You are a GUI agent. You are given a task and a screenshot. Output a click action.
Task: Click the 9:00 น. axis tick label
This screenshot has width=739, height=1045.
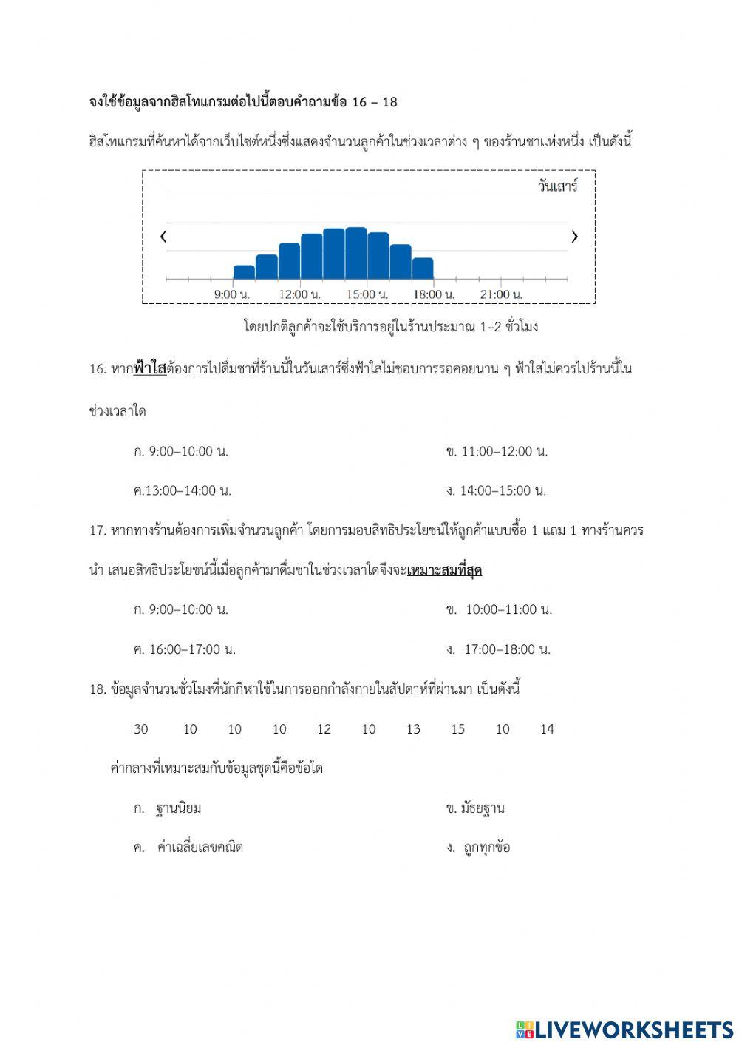click(232, 294)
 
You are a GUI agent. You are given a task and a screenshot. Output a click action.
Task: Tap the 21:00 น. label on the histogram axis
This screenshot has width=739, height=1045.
click(500, 294)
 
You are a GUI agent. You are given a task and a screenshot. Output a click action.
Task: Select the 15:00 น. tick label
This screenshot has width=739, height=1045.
click(367, 294)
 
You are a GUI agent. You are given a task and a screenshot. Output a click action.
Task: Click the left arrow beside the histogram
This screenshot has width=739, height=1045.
click(163, 237)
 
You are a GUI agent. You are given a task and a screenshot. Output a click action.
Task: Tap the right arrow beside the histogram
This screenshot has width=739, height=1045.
click(574, 237)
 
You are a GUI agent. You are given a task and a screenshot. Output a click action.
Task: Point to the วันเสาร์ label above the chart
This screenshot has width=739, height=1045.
click(557, 186)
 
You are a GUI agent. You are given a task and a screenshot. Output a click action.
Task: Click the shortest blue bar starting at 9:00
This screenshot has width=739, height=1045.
click(244, 272)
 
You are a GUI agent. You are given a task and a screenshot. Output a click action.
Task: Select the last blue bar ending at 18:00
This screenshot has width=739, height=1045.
click(423, 268)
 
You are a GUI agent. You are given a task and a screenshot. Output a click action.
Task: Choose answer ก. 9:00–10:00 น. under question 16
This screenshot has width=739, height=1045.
click(181, 451)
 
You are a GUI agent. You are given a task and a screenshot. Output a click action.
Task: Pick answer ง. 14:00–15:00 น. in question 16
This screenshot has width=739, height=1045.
click(496, 490)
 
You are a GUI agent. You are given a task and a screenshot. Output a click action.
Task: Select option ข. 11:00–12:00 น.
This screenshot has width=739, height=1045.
click(497, 451)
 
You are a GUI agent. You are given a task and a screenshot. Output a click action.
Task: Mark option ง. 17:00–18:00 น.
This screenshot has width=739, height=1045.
click(499, 649)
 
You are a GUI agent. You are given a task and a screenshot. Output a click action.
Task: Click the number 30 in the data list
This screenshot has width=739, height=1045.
click(141, 729)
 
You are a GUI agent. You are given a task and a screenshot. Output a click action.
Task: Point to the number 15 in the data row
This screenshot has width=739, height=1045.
click(457, 729)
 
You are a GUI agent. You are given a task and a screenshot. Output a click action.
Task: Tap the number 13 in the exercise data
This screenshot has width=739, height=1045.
click(413, 729)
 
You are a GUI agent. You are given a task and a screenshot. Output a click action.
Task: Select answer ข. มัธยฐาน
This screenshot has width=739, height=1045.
click(475, 808)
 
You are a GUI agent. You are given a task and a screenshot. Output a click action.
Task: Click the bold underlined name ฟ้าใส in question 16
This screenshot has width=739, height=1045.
click(150, 368)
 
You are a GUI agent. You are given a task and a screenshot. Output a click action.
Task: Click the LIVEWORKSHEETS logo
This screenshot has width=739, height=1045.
click(624, 1029)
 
